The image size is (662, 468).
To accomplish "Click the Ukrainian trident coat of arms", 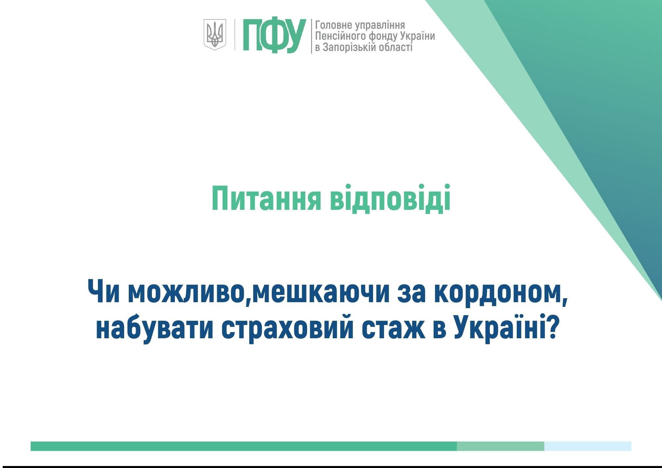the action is pyautogui.click(x=215, y=34).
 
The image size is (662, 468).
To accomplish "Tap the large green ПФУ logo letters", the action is pyautogui.click(x=274, y=35).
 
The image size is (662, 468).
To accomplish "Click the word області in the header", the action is pyautogui.click(x=396, y=47).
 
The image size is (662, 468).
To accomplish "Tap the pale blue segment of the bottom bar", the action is pyautogui.click(x=588, y=446).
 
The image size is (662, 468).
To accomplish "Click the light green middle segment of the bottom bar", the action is pyautogui.click(x=500, y=446).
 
